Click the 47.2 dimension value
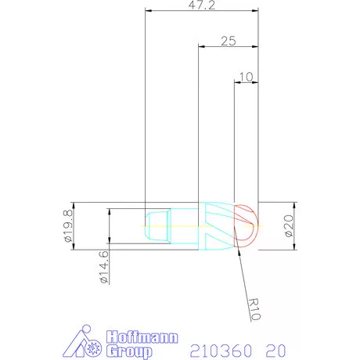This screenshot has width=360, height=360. click(x=202, y=5)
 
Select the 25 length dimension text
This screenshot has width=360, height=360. click(x=229, y=41)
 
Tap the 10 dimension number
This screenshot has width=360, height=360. click(x=246, y=77)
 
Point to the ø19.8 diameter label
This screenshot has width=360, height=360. click(x=68, y=226)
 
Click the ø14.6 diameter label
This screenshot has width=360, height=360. click(x=104, y=267)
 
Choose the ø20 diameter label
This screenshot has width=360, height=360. click(x=289, y=226)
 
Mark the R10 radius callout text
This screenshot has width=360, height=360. click(x=254, y=309)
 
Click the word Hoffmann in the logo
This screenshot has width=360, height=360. click(x=142, y=337)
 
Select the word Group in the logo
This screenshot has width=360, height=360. click(x=129, y=351)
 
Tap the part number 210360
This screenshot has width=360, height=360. click(x=221, y=351)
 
